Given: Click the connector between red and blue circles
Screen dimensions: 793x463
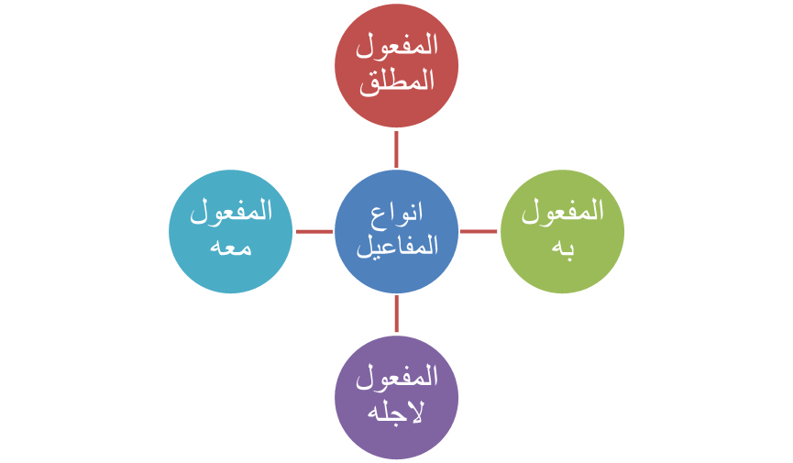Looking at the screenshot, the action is click(396, 148).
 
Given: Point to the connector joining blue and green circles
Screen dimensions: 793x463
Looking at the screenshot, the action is click(478, 231).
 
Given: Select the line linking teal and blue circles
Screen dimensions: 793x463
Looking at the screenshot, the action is click(314, 231).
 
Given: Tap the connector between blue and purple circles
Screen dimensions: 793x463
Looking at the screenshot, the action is click(396, 314).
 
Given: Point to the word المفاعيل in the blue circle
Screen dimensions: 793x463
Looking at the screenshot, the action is click(396, 246).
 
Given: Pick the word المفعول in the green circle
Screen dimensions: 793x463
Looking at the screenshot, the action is click(562, 214).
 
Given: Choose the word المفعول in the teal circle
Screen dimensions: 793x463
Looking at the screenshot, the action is click(231, 213).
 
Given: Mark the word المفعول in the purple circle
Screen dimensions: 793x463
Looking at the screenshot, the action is click(396, 378).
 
